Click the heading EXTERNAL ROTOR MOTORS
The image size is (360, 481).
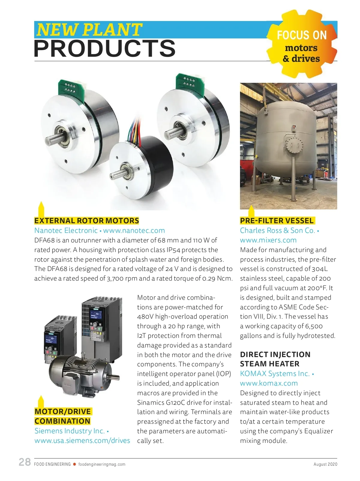[x=86, y=221]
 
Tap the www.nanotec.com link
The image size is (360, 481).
[x=134, y=230]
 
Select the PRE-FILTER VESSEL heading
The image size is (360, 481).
[x=277, y=221]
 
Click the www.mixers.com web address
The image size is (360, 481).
[x=268, y=240]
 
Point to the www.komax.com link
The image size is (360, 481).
[x=268, y=383]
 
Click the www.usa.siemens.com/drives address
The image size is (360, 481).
[x=82, y=440]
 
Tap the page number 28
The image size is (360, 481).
[x=25, y=462]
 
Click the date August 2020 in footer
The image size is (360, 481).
[x=325, y=464]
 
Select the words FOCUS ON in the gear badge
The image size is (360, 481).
[x=301, y=35]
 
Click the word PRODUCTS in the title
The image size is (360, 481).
[x=105, y=49]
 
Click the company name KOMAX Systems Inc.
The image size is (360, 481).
[x=274, y=374]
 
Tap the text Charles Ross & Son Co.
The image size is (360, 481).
[x=277, y=230]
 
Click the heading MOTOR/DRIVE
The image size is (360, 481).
[x=62, y=411]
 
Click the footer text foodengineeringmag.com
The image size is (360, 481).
[x=102, y=464]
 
